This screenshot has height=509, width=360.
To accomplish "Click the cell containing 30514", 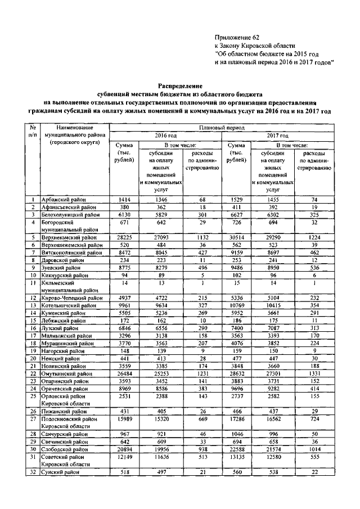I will pyautogui.click(x=235, y=238).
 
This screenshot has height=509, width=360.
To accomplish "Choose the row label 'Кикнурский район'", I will pyautogui.click(x=65, y=276).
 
